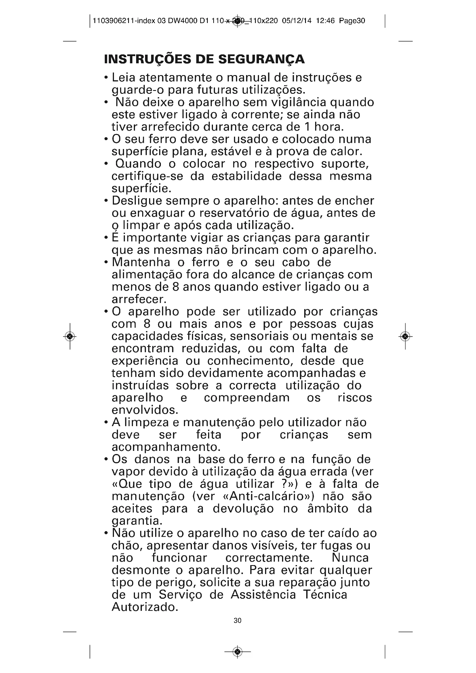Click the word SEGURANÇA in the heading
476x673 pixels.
coord(261,59)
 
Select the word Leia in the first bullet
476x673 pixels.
coord(123,78)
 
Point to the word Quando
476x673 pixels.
coord(138,164)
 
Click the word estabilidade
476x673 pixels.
coord(247,176)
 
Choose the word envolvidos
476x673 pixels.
coord(145,410)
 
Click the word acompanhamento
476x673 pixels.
coord(166,447)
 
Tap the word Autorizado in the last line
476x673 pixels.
coord(145,607)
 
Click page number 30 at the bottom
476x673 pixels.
coord(237,621)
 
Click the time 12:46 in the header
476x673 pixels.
coord(325,21)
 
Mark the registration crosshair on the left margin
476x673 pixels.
coord(70,336)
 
